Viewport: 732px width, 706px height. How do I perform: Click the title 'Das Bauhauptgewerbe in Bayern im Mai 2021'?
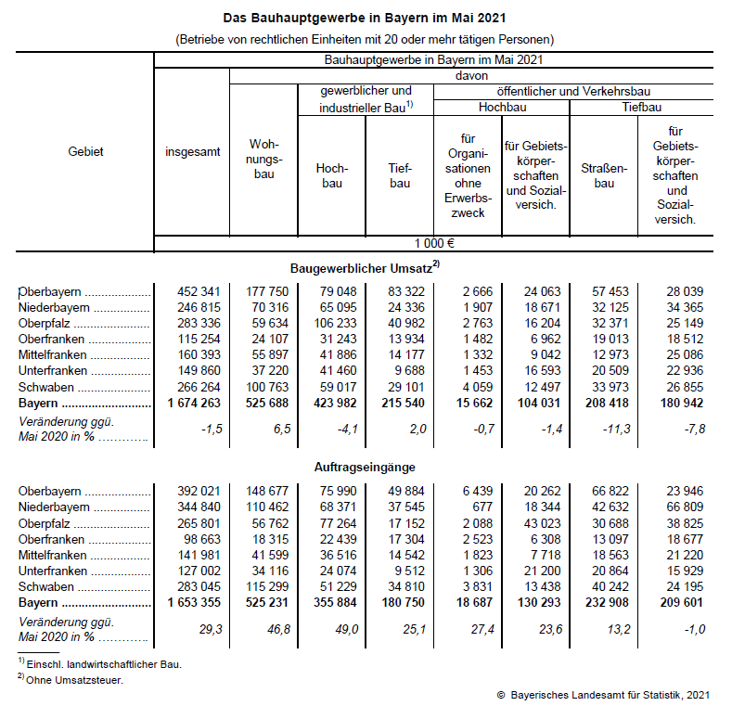[x=365, y=18]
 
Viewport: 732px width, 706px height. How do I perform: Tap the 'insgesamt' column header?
[x=192, y=151]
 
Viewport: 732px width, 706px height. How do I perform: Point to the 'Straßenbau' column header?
[x=604, y=175]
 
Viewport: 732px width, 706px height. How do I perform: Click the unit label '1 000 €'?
[x=433, y=244]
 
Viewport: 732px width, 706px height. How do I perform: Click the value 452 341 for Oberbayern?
[x=199, y=291]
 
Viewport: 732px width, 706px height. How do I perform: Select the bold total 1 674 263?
[x=192, y=403]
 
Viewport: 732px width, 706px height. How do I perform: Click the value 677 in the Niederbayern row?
[x=480, y=507]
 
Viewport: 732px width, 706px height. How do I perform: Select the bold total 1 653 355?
[x=192, y=603]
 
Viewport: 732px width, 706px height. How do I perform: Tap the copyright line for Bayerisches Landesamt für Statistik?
[x=603, y=694]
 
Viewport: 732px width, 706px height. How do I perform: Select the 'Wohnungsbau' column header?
[x=263, y=160]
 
